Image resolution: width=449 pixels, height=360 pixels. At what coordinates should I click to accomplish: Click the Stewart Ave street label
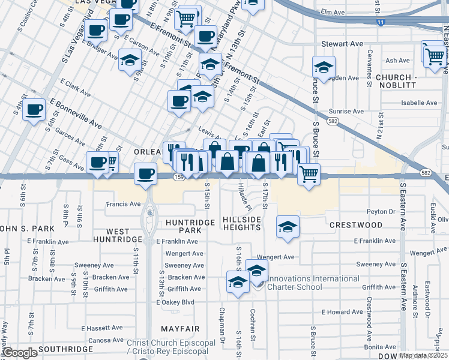(x=342, y=44)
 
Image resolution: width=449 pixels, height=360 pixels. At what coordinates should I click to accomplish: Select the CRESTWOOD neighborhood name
(x=356, y=225)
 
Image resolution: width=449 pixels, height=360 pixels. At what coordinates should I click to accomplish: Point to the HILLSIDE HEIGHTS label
(x=242, y=223)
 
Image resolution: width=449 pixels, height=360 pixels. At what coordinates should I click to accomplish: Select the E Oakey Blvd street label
(x=175, y=302)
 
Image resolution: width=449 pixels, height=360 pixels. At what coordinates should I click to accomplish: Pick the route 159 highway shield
(x=178, y=177)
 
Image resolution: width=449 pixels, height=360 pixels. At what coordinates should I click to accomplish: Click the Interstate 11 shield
(x=381, y=22)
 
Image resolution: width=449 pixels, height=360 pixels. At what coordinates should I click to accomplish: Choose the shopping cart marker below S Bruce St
(x=309, y=175)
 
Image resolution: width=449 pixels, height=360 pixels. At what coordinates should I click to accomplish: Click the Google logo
(x=20, y=353)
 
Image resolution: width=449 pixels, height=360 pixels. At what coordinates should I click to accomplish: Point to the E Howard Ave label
(x=343, y=313)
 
